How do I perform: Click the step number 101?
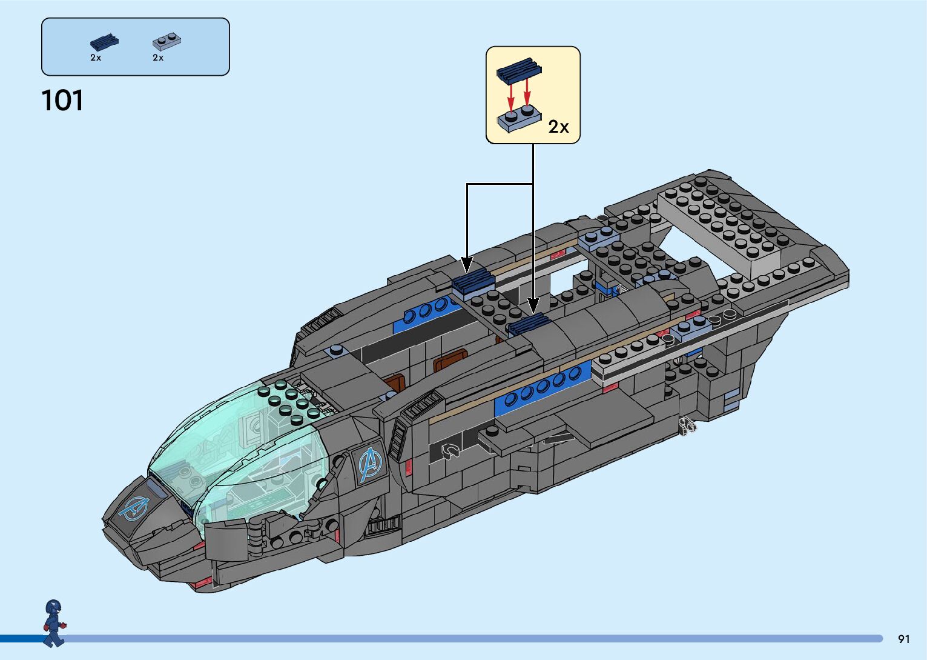[x=62, y=101]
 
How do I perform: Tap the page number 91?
[x=903, y=639]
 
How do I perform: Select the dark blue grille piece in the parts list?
[x=104, y=42]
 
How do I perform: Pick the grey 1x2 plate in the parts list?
[x=167, y=41]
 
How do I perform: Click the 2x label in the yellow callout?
[x=558, y=127]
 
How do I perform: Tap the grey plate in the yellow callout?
[x=519, y=119]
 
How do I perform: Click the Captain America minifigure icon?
[x=54, y=622]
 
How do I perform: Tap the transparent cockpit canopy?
[x=242, y=448]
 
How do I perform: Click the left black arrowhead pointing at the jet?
[x=467, y=265]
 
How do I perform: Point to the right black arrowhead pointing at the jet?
[x=533, y=306]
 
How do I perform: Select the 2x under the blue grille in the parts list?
[x=96, y=58]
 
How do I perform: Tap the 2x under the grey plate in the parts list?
[x=158, y=58]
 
